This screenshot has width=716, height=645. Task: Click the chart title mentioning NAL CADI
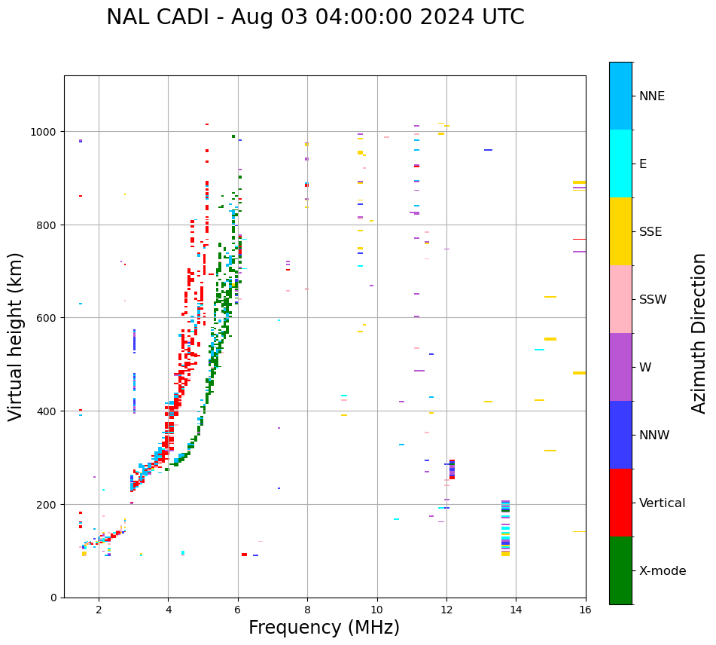click(315, 17)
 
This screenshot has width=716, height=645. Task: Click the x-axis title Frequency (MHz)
click(324, 628)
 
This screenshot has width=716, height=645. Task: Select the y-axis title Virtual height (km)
click(16, 336)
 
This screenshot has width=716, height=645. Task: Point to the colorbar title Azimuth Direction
click(699, 333)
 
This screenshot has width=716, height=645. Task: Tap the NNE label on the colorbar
click(652, 96)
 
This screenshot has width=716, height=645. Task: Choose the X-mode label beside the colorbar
click(663, 571)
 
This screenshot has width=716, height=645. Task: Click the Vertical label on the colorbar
click(663, 503)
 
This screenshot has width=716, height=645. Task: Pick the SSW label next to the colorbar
click(653, 300)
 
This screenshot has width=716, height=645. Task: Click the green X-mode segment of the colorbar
click(620, 570)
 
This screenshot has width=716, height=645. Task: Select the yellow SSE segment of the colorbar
click(620, 231)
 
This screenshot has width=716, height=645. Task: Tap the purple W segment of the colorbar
click(620, 367)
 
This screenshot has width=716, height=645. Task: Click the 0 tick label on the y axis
click(53, 598)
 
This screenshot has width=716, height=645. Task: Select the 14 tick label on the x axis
click(516, 610)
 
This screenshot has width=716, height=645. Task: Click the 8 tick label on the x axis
click(307, 610)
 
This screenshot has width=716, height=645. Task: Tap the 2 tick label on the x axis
click(99, 610)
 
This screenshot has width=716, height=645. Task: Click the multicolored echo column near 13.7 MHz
click(505, 527)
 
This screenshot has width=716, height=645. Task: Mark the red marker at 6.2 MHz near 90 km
click(244, 555)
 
